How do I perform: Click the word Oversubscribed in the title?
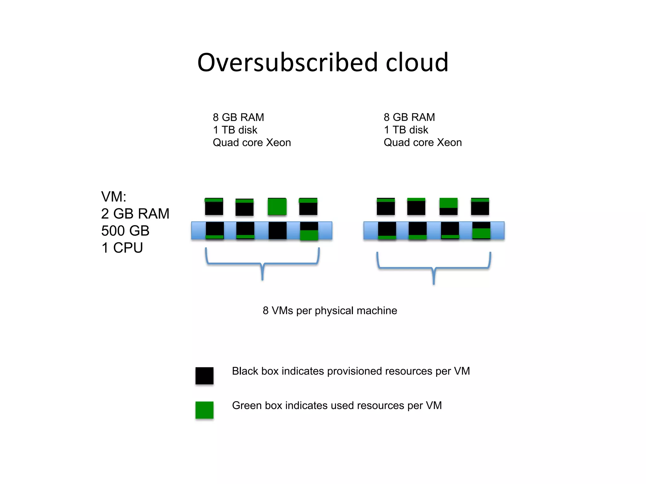click(x=287, y=62)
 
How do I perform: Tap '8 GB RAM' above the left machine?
click(x=238, y=117)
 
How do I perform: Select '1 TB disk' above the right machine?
click(x=406, y=130)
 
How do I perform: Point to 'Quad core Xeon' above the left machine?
click(x=252, y=142)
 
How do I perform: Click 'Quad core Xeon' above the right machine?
click(x=423, y=142)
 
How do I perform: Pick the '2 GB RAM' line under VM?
click(x=135, y=214)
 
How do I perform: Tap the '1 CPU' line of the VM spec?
click(x=122, y=248)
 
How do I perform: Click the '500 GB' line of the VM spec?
click(x=125, y=231)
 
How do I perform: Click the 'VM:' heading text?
click(x=114, y=197)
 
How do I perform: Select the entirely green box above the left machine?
click(x=277, y=206)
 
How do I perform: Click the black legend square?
click(x=204, y=376)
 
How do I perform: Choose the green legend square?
click(x=204, y=410)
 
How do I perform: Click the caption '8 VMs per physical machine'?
click(x=330, y=311)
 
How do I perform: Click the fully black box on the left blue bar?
click(x=278, y=230)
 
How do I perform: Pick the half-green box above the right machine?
click(x=448, y=206)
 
